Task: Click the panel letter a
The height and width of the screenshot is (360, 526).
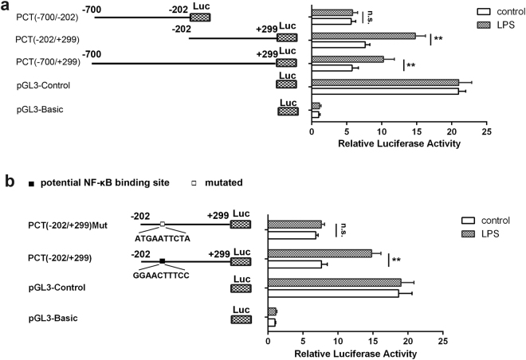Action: [x=7, y=8]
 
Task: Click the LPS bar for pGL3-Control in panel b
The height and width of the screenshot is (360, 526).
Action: [x=334, y=282]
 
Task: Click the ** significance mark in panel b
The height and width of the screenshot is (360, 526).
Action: [x=396, y=260]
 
